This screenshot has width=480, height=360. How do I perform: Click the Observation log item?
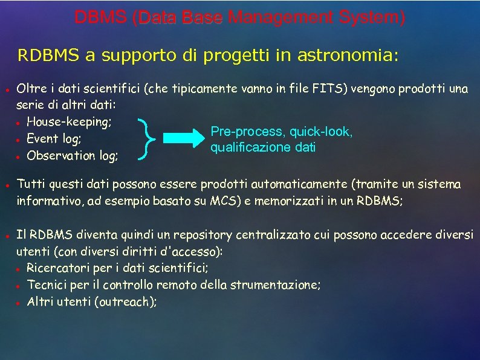click(x=73, y=156)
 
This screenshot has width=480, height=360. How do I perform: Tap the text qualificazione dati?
click(x=262, y=147)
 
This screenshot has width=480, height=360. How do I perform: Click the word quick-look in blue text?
click(x=320, y=131)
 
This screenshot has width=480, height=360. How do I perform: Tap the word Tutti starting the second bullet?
click(x=30, y=184)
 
